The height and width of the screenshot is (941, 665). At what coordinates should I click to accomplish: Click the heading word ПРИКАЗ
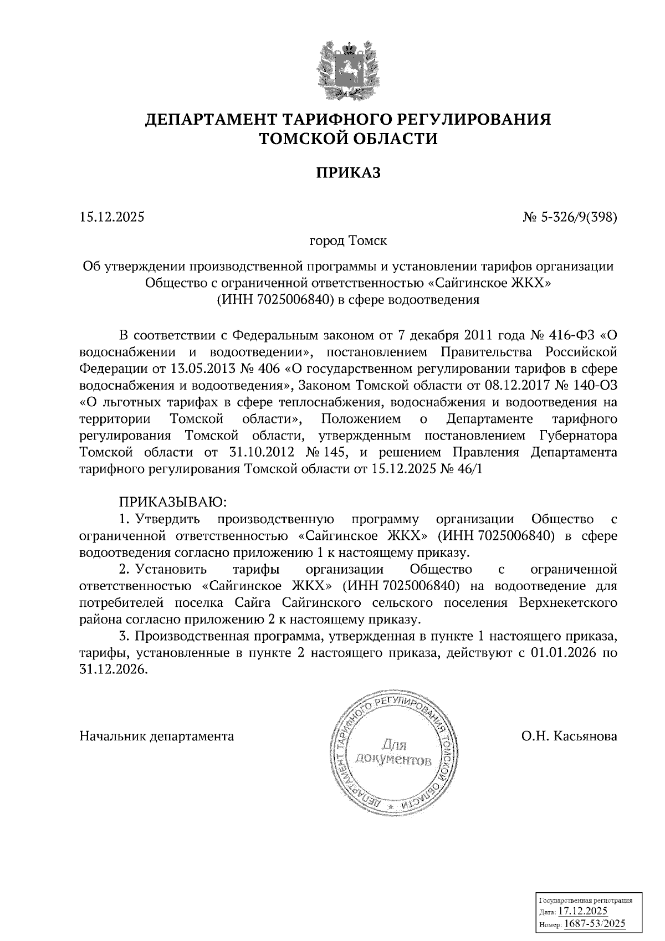point(348,173)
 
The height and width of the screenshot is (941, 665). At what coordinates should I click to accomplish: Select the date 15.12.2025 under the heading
point(111,217)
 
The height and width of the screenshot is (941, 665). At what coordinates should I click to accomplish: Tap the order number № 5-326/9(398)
point(570,217)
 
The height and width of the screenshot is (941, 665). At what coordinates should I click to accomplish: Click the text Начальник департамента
point(157,736)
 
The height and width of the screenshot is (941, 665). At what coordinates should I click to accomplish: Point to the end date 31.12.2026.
point(114,669)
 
